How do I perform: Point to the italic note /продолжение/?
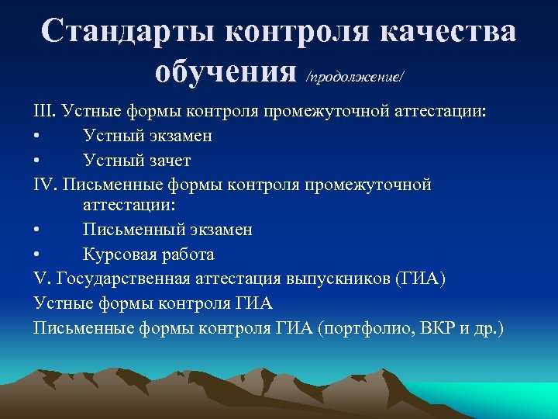click(x=356, y=76)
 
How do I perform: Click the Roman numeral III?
click(x=44, y=112)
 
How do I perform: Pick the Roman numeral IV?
click(x=46, y=185)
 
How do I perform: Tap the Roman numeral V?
click(x=40, y=278)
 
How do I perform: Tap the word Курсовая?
click(x=117, y=255)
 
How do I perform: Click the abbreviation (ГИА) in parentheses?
click(x=420, y=278)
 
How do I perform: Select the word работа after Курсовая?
click(x=185, y=255)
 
